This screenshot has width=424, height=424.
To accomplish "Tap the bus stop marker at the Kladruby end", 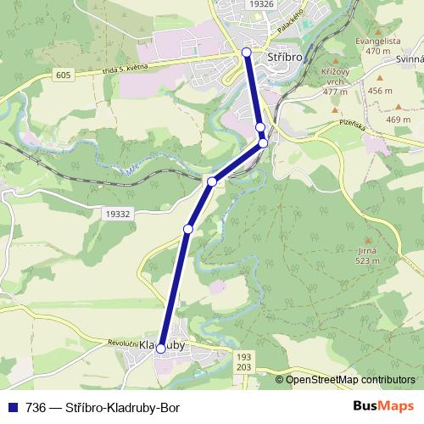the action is (161, 348).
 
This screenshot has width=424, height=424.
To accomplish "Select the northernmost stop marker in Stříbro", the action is (247, 53).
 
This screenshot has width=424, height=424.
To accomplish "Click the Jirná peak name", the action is (366, 253).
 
